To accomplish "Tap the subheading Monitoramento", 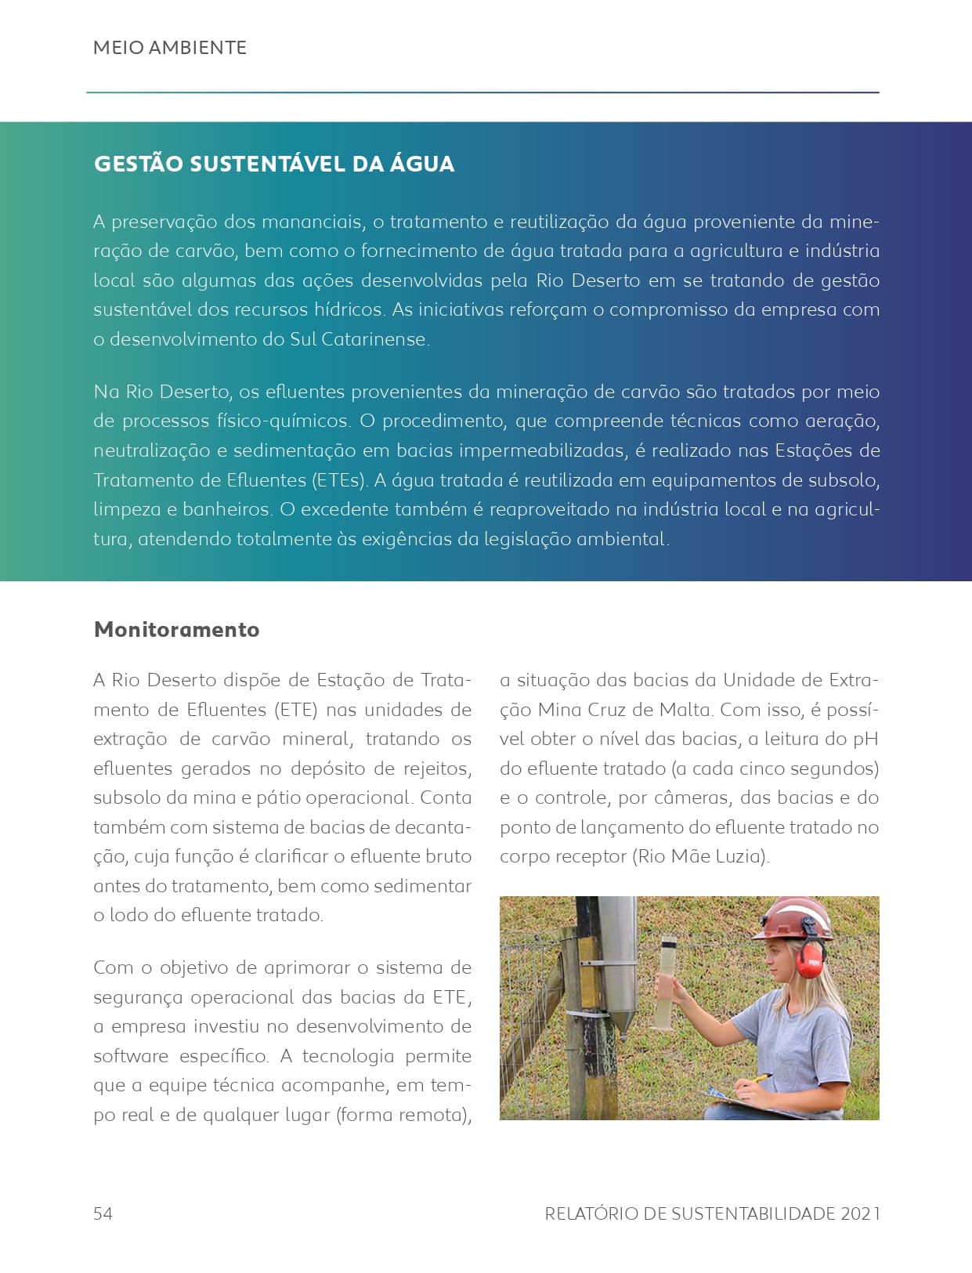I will (176, 629).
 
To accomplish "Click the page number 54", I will (103, 1213).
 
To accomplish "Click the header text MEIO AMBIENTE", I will (169, 48).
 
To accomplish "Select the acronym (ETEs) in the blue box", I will (339, 479).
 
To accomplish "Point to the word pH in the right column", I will (865, 739).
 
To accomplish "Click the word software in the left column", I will (130, 1056).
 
